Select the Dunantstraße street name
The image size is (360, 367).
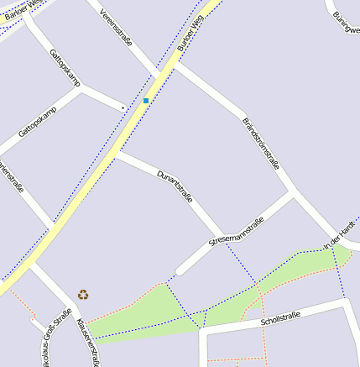click(175, 186)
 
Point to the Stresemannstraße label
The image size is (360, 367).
click(237, 232)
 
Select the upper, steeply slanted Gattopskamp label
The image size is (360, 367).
click(65, 67)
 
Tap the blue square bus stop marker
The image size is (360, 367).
click(146, 101)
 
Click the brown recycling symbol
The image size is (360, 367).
click(83, 294)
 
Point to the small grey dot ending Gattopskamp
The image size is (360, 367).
click(123, 107)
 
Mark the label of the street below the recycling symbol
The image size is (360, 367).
click(88, 340)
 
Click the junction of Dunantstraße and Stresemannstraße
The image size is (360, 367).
click(221, 238)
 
